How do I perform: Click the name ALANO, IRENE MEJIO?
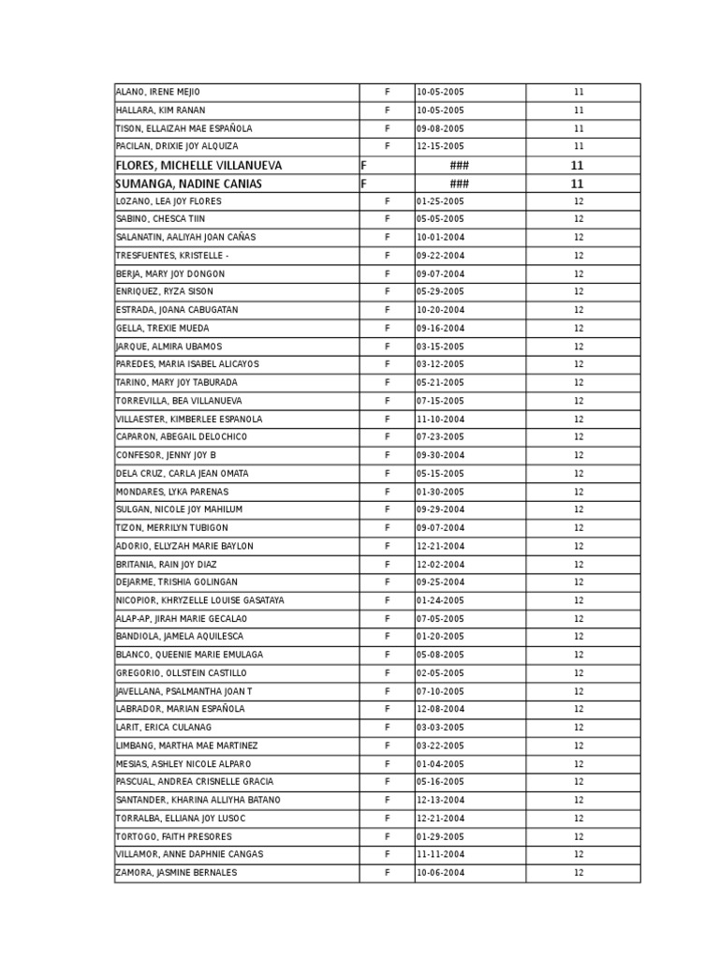click(157, 92)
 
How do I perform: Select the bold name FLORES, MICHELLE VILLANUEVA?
click(198, 165)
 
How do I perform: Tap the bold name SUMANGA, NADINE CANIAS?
click(188, 184)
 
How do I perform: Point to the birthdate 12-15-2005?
click(440, 146)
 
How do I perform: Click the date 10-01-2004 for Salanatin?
click(440, 237)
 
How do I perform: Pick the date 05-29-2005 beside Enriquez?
click(440, 291)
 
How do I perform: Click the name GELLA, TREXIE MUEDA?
click(162, 329)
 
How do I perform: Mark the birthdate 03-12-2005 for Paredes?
click(440, 364)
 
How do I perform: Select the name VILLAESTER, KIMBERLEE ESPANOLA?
click(189, 419)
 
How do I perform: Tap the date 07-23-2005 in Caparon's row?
click(440, 437)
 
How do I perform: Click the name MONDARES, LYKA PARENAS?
click(171, 492)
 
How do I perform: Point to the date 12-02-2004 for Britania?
click(440, 565)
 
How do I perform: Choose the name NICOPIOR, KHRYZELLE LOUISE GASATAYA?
click(199, 600)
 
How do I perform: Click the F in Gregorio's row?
click(387, 673)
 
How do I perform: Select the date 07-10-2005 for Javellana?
click(440, 691)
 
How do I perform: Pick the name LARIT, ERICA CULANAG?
click(163, 728)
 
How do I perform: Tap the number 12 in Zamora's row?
click(579, 873)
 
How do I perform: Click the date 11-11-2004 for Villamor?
click(440, 854)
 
